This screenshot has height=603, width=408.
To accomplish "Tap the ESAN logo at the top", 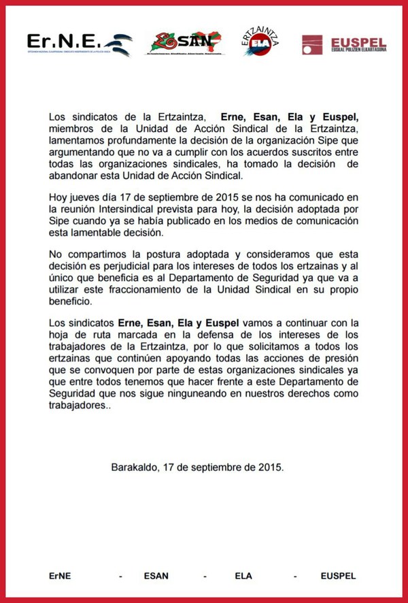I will point(186,44).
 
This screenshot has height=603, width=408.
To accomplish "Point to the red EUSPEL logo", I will point(344,45).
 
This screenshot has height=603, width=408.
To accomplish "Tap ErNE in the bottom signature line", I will point(60,576).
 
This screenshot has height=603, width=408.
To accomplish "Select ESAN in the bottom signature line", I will point(156,576).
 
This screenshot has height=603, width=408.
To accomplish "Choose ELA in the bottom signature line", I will point(243,576).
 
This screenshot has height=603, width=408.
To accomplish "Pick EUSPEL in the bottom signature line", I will point(338,576).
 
